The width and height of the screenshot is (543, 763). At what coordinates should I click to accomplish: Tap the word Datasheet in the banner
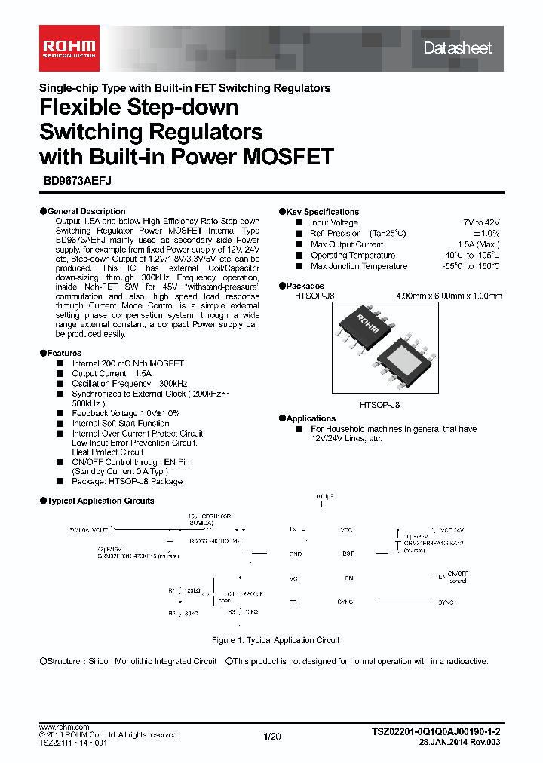[x=457, y=48]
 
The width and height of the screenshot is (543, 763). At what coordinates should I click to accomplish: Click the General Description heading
[x=86, y=211]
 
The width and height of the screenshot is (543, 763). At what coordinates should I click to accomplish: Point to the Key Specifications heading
[x=322, y=212]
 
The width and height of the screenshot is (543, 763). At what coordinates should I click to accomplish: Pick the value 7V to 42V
[x=481, y=222]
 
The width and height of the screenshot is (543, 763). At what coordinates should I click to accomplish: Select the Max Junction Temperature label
[x=358, y=266]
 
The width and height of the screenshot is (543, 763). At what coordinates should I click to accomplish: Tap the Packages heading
[x=305, y=286]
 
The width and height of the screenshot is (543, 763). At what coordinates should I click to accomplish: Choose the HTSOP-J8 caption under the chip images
[x=380, y=405]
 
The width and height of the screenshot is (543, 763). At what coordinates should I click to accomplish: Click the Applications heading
[x=311, y=418]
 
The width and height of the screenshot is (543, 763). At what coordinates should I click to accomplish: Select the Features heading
[x=64, y=353]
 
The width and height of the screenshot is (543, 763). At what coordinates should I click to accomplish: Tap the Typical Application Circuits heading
[x=100, y=501]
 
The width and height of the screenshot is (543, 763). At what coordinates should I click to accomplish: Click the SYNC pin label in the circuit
[x=346, y=602]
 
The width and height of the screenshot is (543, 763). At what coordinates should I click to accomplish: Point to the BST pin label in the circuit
[x=347, y=553]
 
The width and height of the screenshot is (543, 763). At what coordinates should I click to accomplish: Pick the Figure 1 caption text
[x=275, y=640]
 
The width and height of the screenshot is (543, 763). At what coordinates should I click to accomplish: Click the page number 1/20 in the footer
[x=271, y=736]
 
